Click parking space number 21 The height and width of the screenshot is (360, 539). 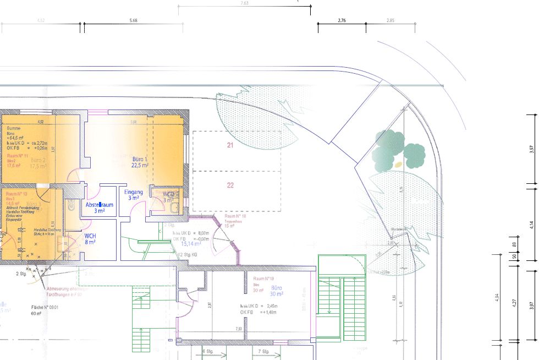click(x=230, y=145)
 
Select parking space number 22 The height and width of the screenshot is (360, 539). click(x=230, y=186)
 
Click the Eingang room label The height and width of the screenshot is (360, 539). click(x=134, y=195)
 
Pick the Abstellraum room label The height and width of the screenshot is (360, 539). click(x=99, y=208)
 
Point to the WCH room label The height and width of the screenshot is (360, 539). click(x=90, y=238)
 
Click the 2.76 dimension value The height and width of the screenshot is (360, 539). click(x=341, y=20)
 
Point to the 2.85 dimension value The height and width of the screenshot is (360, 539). click(x=390, y=20)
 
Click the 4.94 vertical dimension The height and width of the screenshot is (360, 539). click(x=497, y=297)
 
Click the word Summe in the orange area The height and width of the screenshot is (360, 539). click(x=14, y=128)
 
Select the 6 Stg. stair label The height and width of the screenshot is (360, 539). click(x=207, y=351)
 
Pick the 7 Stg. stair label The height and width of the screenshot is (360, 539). click(x=262, y=351)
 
